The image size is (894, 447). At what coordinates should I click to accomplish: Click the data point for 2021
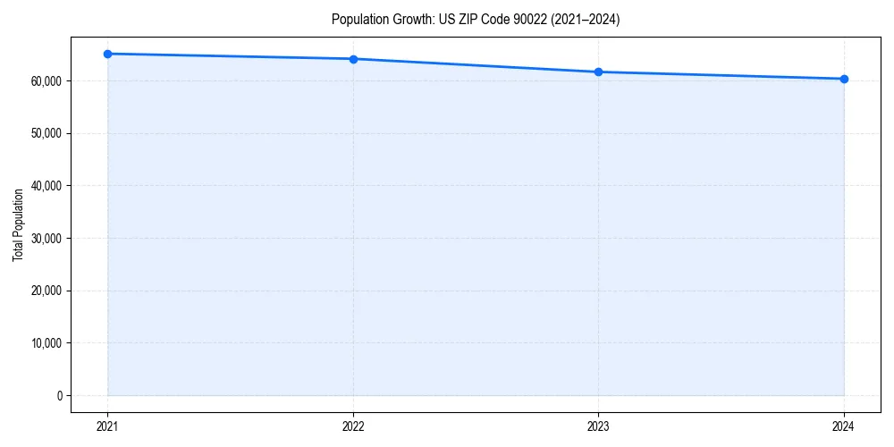(x=107, y=54)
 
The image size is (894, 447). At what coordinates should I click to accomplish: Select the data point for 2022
(x=353, y=59)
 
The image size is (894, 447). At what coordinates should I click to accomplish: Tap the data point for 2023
(x=598, y=72)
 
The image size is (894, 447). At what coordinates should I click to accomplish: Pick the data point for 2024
(x=844, y=79)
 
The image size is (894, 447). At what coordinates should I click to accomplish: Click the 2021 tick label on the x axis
(x=107, y=426)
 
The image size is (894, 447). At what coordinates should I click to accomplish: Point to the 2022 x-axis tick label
(x=353, y=426)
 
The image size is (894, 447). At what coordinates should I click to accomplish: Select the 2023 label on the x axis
(x=598, y=426)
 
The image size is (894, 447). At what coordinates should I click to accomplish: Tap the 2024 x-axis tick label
(x=844, y=426)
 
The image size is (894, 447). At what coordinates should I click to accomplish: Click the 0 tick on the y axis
(x=59, y=395)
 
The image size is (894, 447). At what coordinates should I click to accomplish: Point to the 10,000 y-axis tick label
(x=46, y=343)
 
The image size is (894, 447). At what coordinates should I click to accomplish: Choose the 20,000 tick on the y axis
(x=46, y=291)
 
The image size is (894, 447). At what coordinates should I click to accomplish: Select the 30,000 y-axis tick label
(x=46, y=239)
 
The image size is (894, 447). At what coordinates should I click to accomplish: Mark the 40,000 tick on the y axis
(x=46, y=186)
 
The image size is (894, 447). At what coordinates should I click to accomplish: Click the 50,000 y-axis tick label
(x=46, y=133)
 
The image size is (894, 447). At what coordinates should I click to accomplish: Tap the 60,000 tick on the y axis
(x=46, y=81)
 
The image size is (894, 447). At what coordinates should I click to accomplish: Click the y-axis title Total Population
(x=18, y=224)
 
